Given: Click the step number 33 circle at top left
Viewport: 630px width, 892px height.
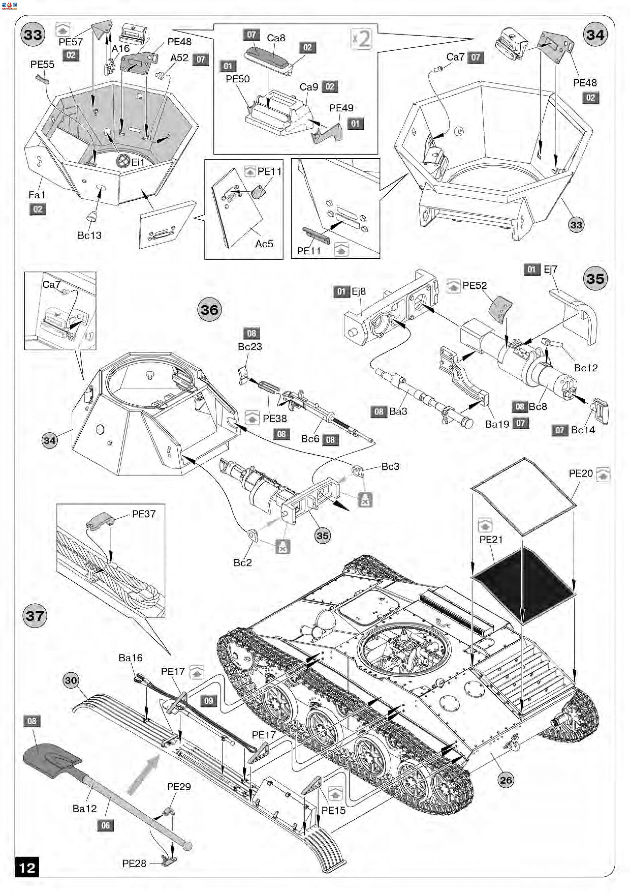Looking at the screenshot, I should coord(33,35).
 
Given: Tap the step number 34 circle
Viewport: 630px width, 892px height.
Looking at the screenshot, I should coord(595,35).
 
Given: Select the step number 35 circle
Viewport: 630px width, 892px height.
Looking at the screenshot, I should coord(595,278).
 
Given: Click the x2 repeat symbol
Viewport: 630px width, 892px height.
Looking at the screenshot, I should coord(361,39).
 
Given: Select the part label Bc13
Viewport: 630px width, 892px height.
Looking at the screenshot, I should coord(89,235).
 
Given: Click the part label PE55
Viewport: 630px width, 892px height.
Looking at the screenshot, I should coord(42,64).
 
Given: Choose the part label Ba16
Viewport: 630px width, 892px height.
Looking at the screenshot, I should coord(130,658).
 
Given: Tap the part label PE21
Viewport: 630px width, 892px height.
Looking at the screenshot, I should coord(491,539).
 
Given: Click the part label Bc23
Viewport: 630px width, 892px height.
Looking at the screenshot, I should coord(250,347).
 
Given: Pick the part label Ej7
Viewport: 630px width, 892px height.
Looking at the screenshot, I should coord(550,269).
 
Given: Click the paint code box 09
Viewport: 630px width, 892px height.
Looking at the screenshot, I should coord(209,701).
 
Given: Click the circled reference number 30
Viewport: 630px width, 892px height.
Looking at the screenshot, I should coord(71,680).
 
